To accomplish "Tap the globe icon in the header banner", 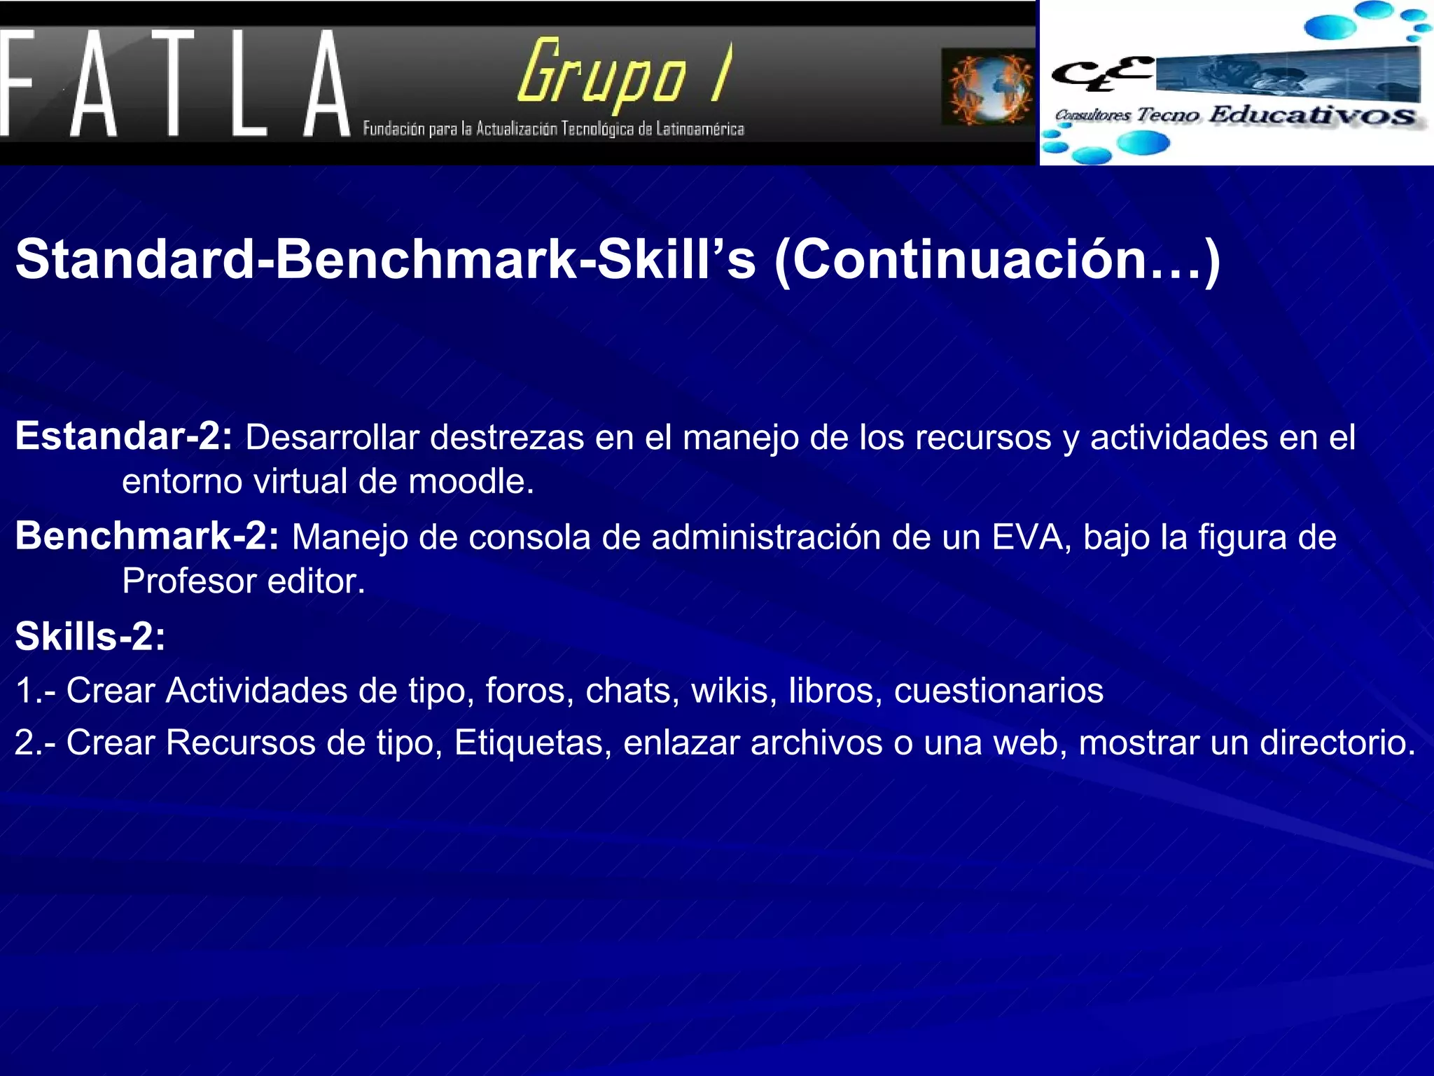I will click(x=990, y=87).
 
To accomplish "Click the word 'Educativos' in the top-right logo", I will click(x=1312, y=115).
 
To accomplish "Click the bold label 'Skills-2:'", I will click(x=90, y=637).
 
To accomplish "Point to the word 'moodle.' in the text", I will click(x=471, y=481).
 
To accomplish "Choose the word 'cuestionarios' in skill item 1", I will click(x=998, y=691).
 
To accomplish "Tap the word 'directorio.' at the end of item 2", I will click(x=1338, y=743).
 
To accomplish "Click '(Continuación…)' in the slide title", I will click(x=997, y=260).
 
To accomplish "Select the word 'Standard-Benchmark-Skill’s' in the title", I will click(x=386, y=260).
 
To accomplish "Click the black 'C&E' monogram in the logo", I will click(x=1101, y=73).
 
